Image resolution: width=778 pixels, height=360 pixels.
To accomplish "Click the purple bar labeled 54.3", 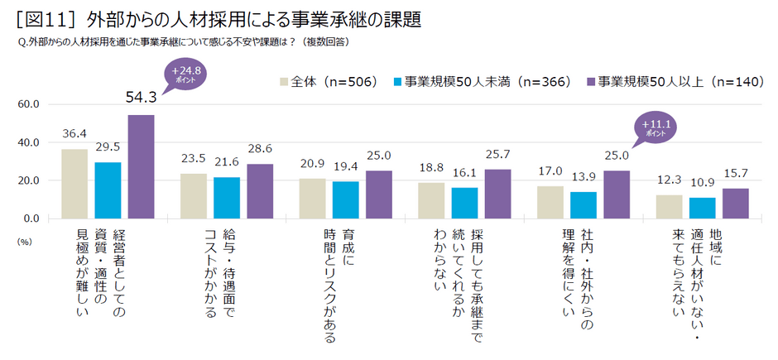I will click(x=141, y=166).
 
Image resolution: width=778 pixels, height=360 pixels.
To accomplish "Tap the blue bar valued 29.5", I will click(x=108, y=190).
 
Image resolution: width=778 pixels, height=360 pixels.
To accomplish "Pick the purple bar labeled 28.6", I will click(x=260, y=191).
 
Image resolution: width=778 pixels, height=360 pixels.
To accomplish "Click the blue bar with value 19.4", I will click(x=346, y=199).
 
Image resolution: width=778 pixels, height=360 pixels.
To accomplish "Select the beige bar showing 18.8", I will click(x=432, y=200).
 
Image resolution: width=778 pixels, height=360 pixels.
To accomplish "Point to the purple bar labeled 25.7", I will click(x=498, y=194).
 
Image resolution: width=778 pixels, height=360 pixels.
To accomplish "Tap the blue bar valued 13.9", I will click(x=583, y=205).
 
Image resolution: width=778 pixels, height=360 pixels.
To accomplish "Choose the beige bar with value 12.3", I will click(x=669, y=207).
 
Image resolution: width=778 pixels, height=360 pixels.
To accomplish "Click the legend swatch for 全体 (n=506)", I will click(x=284, y=82).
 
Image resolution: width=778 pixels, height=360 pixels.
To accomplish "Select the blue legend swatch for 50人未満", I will click(x=398, y=82).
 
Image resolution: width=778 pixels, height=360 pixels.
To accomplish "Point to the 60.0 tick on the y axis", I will click(x=29, y=104).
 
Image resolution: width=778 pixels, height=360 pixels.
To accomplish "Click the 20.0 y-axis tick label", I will click(x=29, y=180).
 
